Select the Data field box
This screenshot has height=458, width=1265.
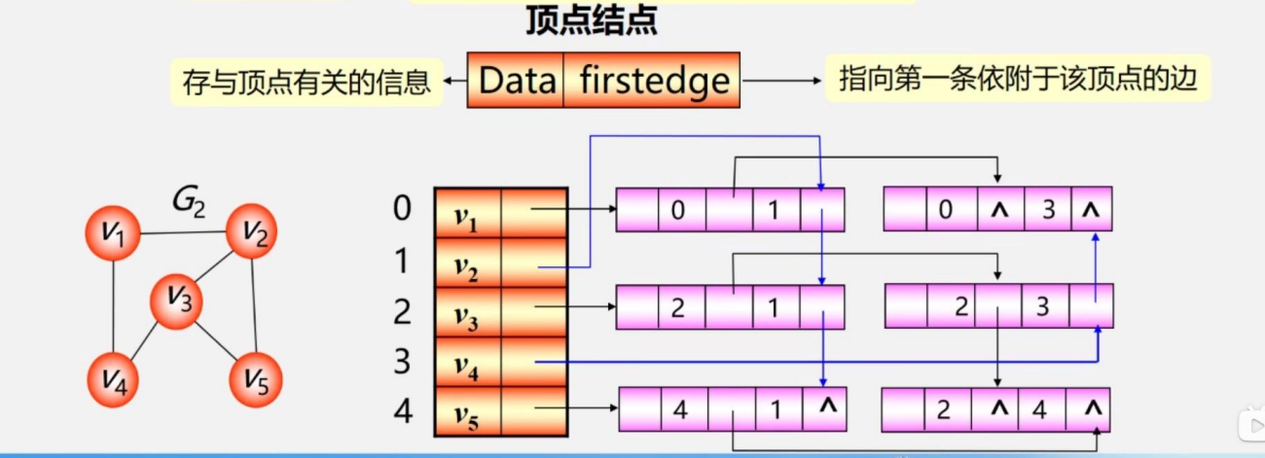click(x=517, y=80)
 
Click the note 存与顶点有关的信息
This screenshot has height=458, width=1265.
click(x=307, y=81)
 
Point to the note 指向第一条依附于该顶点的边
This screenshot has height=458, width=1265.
click(x=1017, y=79)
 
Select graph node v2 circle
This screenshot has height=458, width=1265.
click(x=252, y=231)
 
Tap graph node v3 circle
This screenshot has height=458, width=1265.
click(x=175, y=299)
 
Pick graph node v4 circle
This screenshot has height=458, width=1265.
click(x=115, y=379)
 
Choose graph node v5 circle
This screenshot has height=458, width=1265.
click(x=255, y=379)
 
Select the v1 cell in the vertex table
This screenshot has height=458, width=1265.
click(x=468, y=213)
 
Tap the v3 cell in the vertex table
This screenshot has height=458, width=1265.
click(x=468, y=312)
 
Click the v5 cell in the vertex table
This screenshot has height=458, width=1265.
click(x=468, y=411)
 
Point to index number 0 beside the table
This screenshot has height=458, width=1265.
click(x=402, y=208)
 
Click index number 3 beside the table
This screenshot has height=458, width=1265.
click(x=402, y=362)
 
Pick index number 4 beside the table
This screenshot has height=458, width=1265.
click(x=402, y=411)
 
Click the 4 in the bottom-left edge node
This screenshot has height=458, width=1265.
click(x=680, y=409)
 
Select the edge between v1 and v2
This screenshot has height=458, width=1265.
click(x=184, y=232)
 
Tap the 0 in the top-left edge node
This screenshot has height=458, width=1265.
click(x=677, y=209)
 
